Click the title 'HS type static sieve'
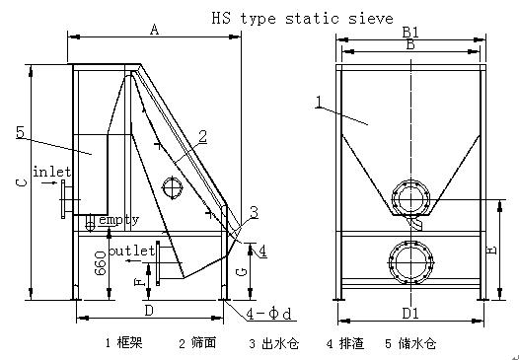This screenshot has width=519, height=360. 302,18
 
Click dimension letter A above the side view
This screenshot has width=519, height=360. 154,30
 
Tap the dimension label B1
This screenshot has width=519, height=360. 410,33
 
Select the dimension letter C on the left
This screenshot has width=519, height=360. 22,182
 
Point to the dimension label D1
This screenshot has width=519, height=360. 410,313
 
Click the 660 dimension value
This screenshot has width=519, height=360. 101,263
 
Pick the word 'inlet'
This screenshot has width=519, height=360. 52,172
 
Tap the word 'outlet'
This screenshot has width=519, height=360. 132,251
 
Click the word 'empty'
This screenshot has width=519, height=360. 119,220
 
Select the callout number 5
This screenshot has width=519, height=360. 20,132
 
